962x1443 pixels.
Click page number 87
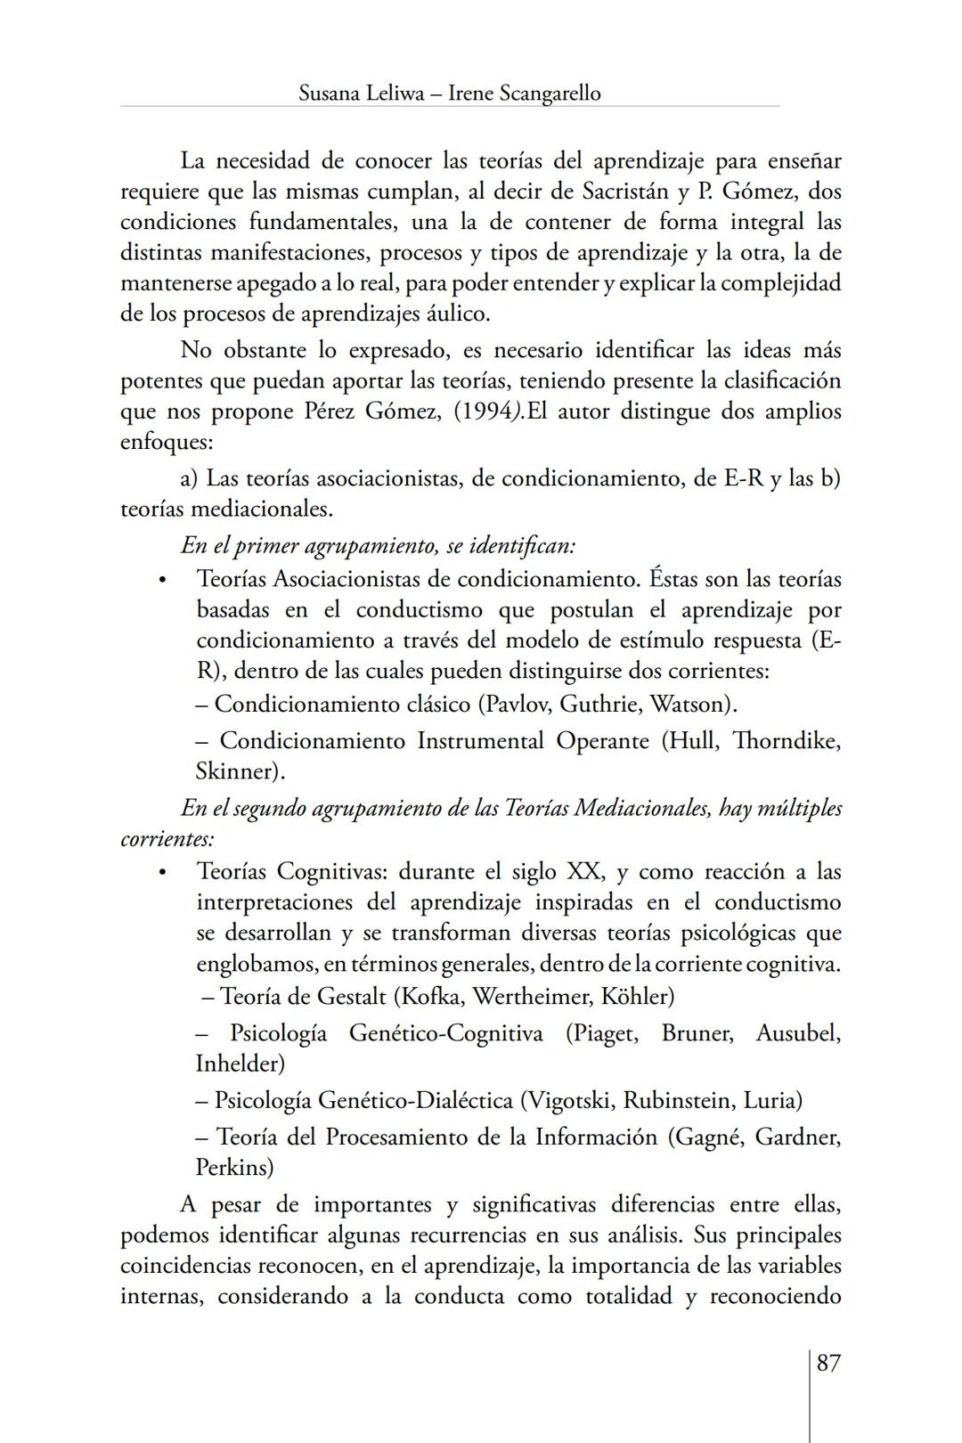(x=827, y=1363)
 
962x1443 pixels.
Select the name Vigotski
(x=570, y=1100)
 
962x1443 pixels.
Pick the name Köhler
(x=637, y=996)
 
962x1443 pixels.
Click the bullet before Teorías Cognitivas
(x=162, y=872)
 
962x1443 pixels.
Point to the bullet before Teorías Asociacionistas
(x=162, y=580)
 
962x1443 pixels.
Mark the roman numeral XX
(x=583, y=871)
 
